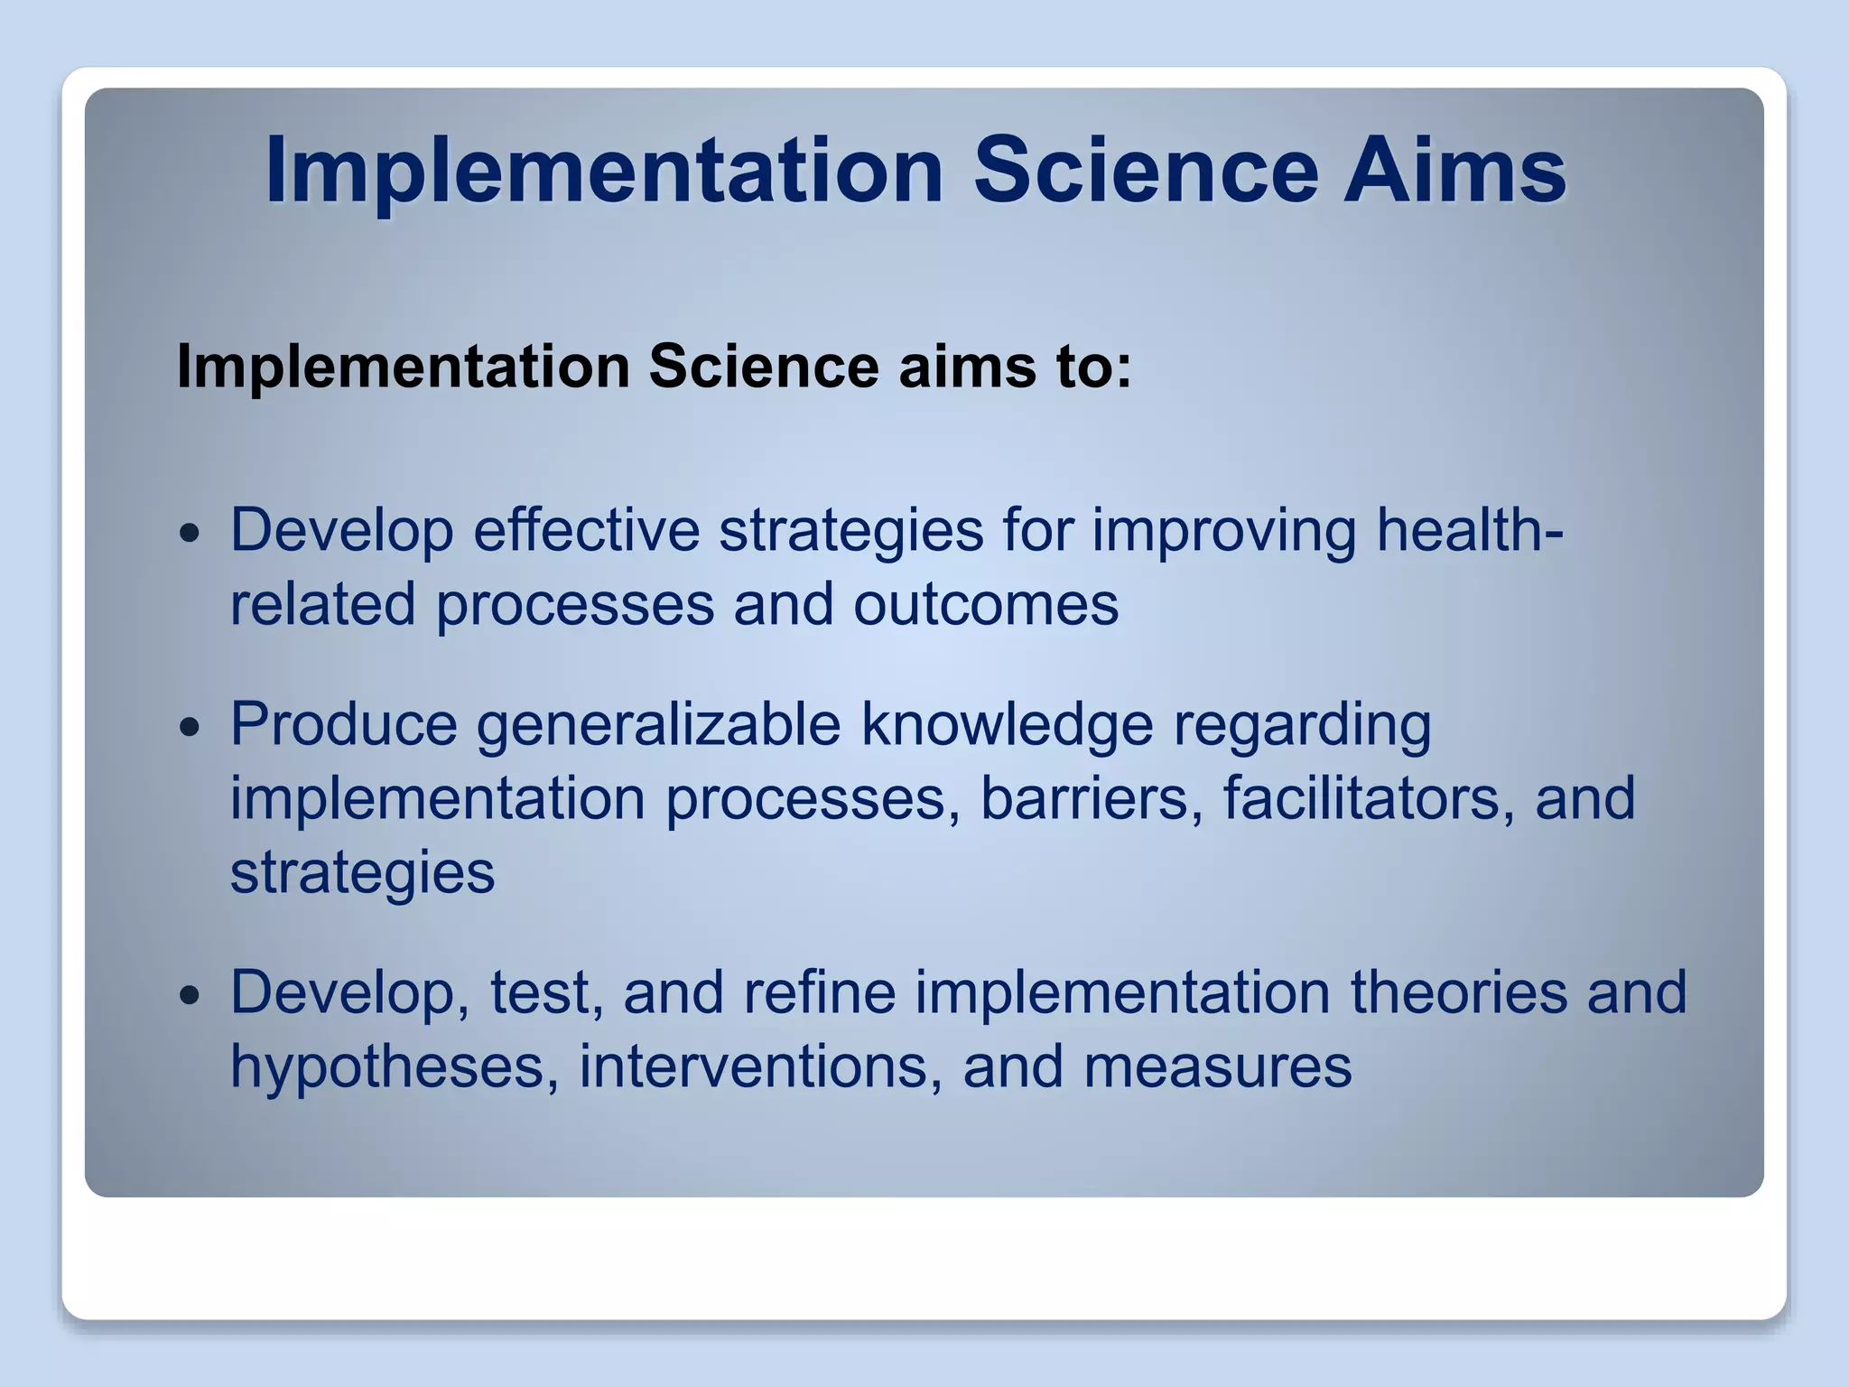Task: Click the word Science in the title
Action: pyautogui.click(x=1145, y=170)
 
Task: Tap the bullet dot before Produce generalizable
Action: pyautogui.click(x=190, y=727)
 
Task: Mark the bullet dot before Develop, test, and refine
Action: pyautogui.click(x=190, y=995)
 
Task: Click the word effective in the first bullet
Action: pyautogui.click(x=586, y=530)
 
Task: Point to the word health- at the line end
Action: pyautogui.click(x=1469, y=530)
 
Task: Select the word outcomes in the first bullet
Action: pyautogui.click(x=986, y=605)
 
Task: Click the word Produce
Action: pyautogui.click(x=344, y=724)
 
